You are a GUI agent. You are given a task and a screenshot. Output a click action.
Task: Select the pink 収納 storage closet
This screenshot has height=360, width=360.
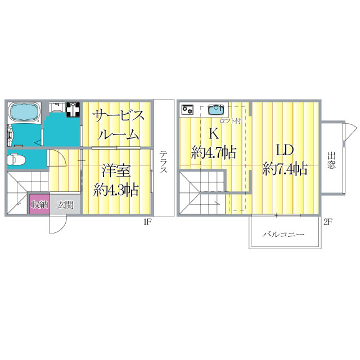pos(38,204)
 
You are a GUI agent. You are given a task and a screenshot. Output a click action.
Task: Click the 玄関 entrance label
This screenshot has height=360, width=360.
pos(65,204)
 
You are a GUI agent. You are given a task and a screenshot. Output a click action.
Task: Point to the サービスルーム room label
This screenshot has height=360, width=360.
pos(119,125)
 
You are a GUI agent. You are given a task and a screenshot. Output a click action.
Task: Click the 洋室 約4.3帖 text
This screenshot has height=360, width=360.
pos(116,179)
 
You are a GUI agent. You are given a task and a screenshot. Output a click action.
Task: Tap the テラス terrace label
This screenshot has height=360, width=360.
pos(163,162)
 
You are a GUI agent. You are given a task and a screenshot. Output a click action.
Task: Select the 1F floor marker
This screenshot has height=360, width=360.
pos(147,222)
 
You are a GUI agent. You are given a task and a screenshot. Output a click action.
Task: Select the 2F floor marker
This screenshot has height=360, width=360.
pos(328,222)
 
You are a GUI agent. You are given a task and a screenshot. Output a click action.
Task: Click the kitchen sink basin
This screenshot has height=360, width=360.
pos(216,110)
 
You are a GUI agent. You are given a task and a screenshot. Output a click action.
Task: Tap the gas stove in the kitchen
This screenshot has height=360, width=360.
pos(187,109)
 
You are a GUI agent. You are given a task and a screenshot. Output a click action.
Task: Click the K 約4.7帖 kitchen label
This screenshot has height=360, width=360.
pos(213,143)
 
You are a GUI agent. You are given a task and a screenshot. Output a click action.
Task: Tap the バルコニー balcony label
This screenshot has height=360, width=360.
pos(285,233)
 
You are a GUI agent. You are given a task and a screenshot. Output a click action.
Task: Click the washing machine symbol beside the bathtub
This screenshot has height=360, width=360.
pos(72,109)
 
